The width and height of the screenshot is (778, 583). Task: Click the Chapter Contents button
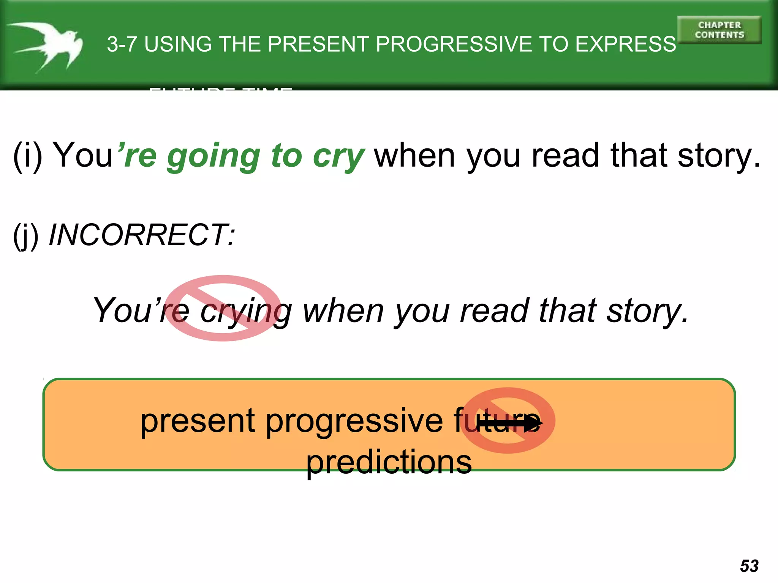click(719, 30)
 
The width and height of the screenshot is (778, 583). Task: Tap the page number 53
click(749, 566)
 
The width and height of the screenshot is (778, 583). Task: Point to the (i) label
click(27, 156)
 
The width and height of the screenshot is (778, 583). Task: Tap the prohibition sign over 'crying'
click(223, 308)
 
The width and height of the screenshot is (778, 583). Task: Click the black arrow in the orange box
click(509, 423)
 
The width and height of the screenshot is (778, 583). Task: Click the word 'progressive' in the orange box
click(354, 421)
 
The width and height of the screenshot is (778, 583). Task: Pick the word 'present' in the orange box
click(198, 421)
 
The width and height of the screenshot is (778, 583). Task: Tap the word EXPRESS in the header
click(625, 44)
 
